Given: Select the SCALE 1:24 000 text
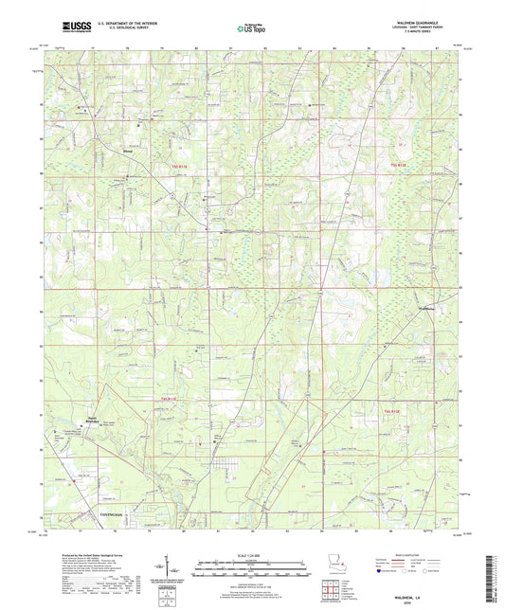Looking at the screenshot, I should [x=252, y=553].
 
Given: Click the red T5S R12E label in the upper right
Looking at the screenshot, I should [x=398, y=167].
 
